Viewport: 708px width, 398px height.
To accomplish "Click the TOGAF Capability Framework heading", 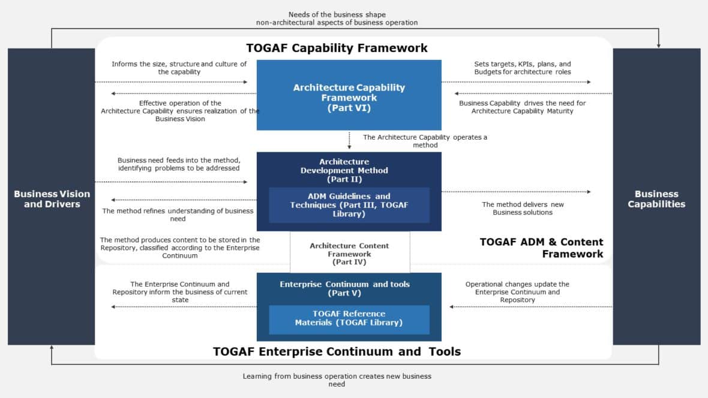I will tap(337, 48).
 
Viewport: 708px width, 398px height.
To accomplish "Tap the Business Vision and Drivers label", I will tap(52, 198).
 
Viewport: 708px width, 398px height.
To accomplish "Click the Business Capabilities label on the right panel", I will tap(656, 198).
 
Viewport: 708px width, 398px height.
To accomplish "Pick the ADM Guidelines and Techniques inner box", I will tap(349, 204).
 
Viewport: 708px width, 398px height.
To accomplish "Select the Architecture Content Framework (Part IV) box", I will tap(349, 254).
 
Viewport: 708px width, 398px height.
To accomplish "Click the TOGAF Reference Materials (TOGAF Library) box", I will tap(349, 318).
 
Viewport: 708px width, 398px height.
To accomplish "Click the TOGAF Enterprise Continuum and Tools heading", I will tap(337, 351).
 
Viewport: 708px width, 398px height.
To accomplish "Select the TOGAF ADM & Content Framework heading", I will tap(541, 248).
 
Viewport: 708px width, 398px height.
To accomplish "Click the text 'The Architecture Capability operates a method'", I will tap(425, 141).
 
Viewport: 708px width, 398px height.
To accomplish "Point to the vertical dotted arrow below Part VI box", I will tap(349, 140).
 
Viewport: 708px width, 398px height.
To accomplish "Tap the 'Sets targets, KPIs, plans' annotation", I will tap(522, 68).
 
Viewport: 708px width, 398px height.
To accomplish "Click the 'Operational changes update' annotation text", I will tap(517, 292).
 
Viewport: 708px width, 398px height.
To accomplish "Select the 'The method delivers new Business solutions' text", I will tap(522, 208).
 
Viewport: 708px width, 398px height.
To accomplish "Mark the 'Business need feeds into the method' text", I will tap(178, 164).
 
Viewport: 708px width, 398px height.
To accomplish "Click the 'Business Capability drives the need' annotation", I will tap(522, 107).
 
